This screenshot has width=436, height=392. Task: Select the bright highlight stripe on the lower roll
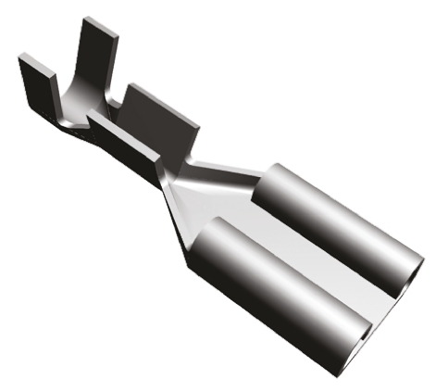[296, 278]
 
